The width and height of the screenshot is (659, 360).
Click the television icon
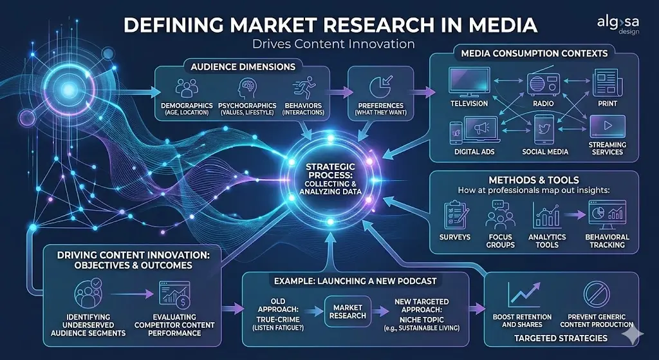click(x=469, y=82)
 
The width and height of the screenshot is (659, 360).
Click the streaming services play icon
click(x=607, y=126)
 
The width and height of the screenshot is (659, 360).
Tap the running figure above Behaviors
click(x=304, y=88)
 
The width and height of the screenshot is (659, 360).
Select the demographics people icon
click(x=186, y=88)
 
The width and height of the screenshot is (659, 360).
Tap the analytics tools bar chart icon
click(x=547, y=216)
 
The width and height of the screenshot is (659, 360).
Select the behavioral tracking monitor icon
click(x=607, y=214)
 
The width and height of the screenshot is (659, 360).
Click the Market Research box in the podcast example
click(x=348, y=311)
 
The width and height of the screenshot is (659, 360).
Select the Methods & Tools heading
click(x=534, y=180)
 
